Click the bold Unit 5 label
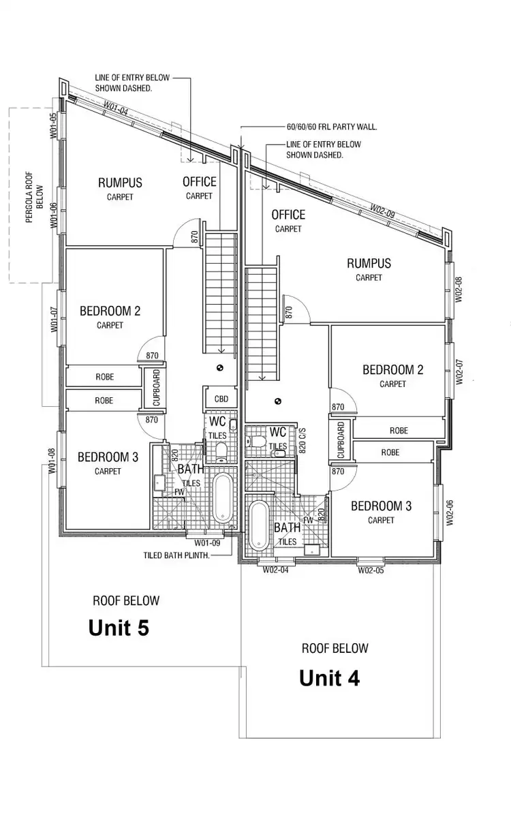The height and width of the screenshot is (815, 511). tap(119, 628)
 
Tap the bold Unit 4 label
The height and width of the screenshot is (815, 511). tap(329, 678)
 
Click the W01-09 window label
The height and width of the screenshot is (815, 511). tap(207, 543)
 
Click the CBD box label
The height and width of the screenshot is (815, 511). tap(221, 399)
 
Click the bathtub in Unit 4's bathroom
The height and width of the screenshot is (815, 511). tap(259, 526)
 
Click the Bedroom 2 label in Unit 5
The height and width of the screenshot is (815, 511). tap(110, 311)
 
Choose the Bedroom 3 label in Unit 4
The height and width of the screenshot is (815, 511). tap(381, 506)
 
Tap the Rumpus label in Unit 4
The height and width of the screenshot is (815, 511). tap(369, 263)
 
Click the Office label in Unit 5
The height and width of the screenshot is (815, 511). tap(200, 181)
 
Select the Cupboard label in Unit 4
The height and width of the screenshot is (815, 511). tap(340, 440)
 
